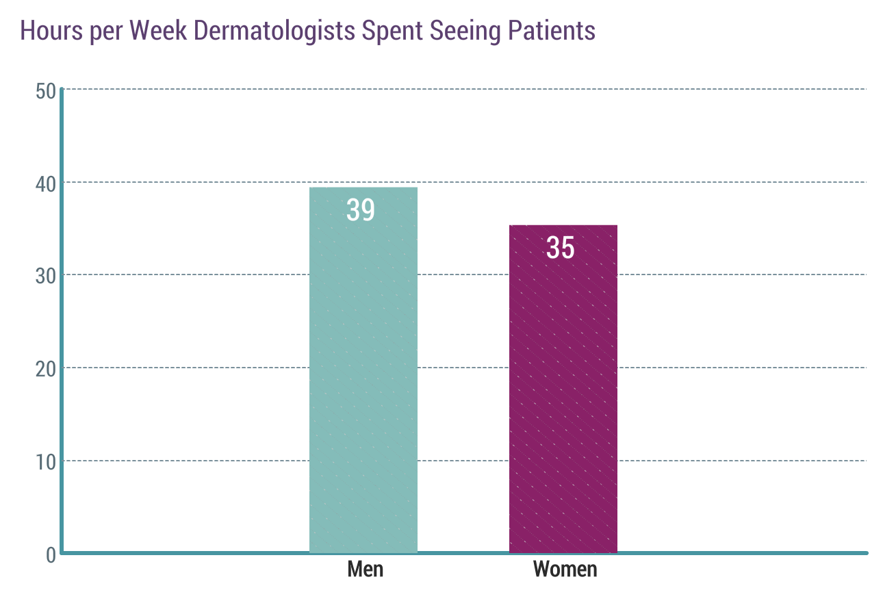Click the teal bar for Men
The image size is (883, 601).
pyautogui.click(x=363, y=383)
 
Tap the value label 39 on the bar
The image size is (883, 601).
pyautogui.click(x=361, y=210)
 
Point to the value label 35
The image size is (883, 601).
pyautogui.click(x=560, y=248)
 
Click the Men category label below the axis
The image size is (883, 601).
pyautogui.click(x=366, y=569)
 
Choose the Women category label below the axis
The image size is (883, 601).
pyautogui.click(x=565, y=569)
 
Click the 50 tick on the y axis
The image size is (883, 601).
pyautogui.click(x=45, y=90)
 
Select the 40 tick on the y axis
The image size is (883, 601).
pyautogui.click(x=45, y=183)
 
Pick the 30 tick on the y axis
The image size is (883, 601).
pyautogui.click(x=45, y=276)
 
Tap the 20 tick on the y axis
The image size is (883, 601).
pyautogui.click(x=45, y=368)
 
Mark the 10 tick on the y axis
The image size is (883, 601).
pyautogui.click(x=45, y=461)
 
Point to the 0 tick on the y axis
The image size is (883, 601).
pyautogui.click(x=51, y=554)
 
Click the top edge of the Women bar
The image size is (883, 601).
pyautogui.click(x=563, y=226)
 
